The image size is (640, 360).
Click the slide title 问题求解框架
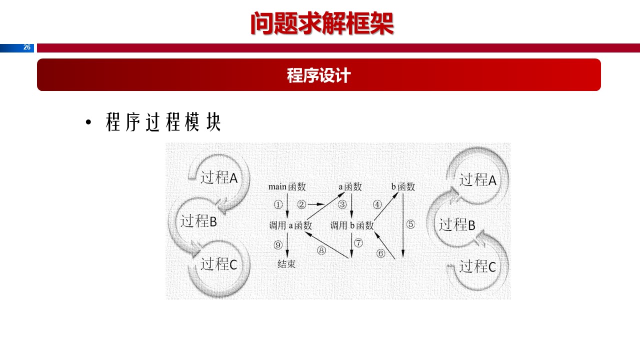coord(322,23)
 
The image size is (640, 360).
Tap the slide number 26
coord(27,47)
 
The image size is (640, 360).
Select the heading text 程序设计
coord(319,75)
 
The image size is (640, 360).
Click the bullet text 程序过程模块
coord(163,122)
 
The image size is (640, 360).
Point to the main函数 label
coord(287,187)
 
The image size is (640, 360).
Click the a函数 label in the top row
coord(350,187)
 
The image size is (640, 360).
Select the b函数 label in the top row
coord(403,187)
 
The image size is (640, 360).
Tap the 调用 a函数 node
coord(290,225)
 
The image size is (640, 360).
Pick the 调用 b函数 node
coord(352,225)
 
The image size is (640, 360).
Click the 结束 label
coord(286,263)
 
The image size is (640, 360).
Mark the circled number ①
coord(278,204)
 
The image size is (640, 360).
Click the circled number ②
coord(301,204)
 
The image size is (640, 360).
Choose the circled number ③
coord(342,204)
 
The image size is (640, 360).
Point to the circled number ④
coord(377,204)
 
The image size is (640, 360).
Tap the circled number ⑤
coord(410,224)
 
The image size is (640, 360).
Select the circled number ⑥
coord(381,253)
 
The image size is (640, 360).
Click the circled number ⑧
coord(321,250)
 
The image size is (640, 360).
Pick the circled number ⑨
coord(278,244)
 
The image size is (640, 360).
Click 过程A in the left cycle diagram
coord(219,177)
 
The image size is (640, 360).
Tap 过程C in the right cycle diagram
coord(477,266)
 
